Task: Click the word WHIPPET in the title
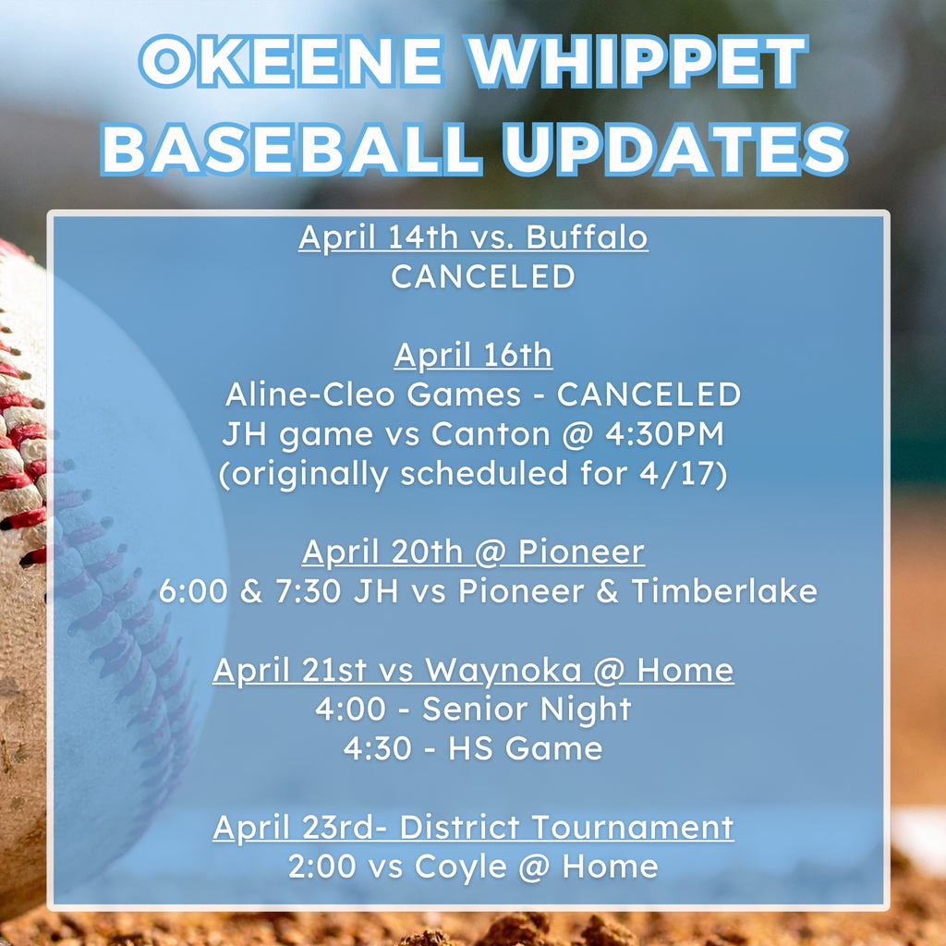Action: pyautogui.click(x=637, y=61)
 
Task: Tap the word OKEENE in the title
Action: pyautogui.click(x=292, y=61)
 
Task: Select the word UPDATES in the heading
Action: pyautogui.click(x=675, y=149)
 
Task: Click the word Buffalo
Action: pyautogui.click(x=587, y=236)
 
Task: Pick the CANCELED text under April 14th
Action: pyautogui.click(x=482, y=276)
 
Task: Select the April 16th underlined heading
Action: pyautogui.click(x=473, y=355)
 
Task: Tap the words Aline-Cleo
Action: pyautogui.click(x=310, y=394)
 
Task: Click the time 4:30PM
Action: pyautogui.click(x=664, y=434)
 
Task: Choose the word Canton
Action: pyautogui.click(x=491, y=434)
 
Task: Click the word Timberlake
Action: pyautogui.click(x=724, y=590)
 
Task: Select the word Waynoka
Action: pyautogui.click(x=503, y=671)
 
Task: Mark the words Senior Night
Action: pyautogui.click(x=526, y=709)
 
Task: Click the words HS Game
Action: pyautogui.click(x=525, y=748)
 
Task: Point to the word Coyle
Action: pyautogui.click(x=460, y=867)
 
